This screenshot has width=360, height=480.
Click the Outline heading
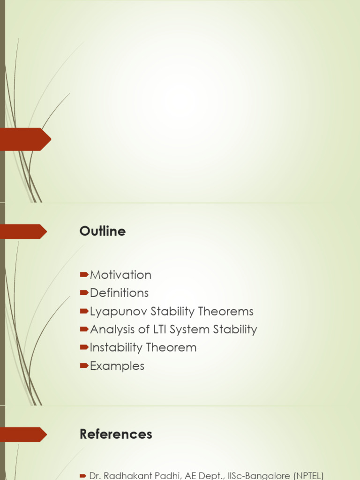[103, 232]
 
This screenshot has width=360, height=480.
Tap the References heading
[116, 435]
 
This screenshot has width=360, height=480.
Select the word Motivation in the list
[120, 275]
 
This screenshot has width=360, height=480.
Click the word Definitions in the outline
[119, 293]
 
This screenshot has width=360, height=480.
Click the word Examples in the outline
[117, 366]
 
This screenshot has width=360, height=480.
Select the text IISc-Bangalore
[242, 476]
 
